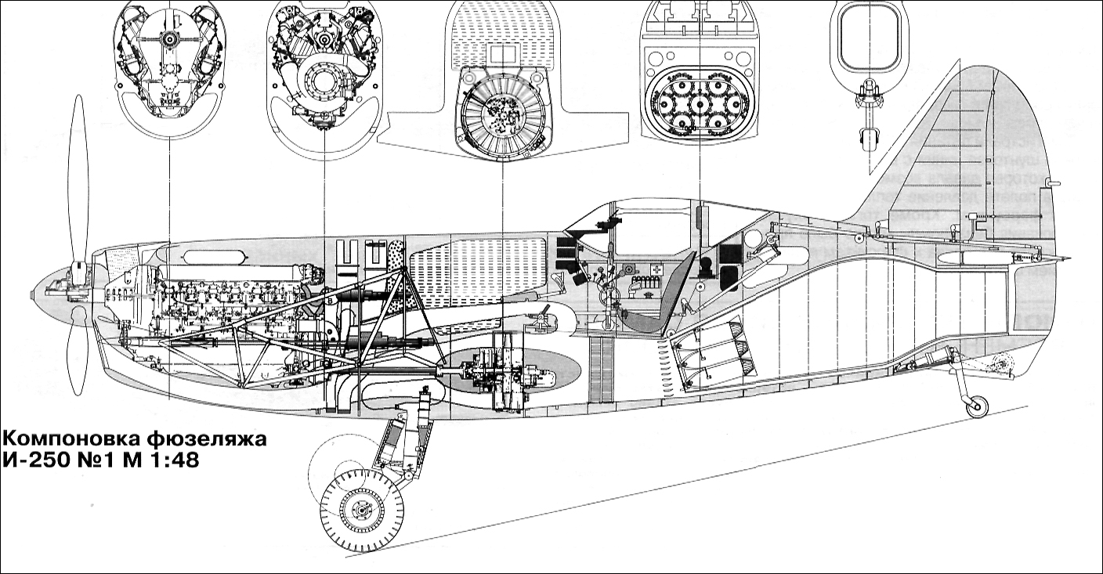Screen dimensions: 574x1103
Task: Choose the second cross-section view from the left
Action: click(324, 70)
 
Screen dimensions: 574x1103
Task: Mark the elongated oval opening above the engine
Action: click(212, 258)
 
